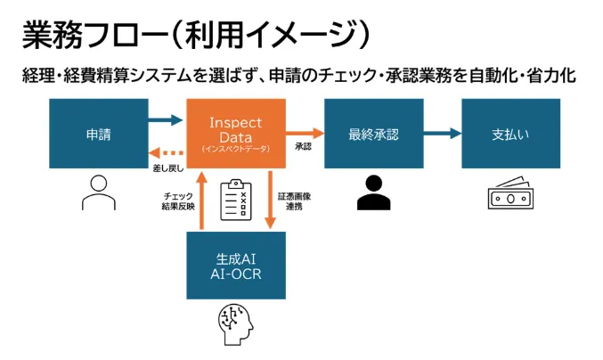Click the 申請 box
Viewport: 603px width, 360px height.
(98, 134)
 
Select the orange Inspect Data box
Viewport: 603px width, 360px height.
(236, 134)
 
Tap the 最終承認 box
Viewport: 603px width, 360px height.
(373, 134)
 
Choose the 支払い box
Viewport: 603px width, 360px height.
(510, 134)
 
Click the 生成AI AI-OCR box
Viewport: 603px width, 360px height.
(236, 265)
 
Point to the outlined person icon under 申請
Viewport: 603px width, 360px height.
(98, 191)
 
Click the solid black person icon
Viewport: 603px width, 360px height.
(373, 192)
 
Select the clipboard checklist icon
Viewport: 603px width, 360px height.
(236, 199)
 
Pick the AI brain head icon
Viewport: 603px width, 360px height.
(235, 326)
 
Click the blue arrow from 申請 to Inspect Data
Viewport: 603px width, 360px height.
(167, 119)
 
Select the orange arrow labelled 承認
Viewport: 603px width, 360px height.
(305, 134)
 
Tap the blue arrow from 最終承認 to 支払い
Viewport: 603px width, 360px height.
(442, 134)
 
